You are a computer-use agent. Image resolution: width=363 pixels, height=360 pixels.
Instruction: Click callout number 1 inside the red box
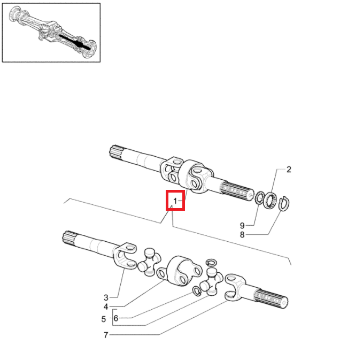(175, 201)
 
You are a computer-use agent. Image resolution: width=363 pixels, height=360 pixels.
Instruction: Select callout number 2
(289, 170)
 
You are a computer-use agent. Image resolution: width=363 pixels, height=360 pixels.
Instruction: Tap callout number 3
(106, 297)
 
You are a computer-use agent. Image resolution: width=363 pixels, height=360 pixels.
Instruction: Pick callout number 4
(106, 307)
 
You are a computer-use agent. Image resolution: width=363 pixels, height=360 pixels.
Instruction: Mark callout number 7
(106, 335)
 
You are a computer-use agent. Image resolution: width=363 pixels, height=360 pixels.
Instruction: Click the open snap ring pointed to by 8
(283, 203)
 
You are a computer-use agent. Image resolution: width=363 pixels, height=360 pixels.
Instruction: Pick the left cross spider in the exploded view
(150, 261)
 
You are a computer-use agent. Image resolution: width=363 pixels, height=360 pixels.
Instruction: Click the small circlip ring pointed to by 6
(196, 290)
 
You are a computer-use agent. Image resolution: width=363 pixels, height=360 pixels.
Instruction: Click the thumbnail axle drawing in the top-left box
(51, 32)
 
